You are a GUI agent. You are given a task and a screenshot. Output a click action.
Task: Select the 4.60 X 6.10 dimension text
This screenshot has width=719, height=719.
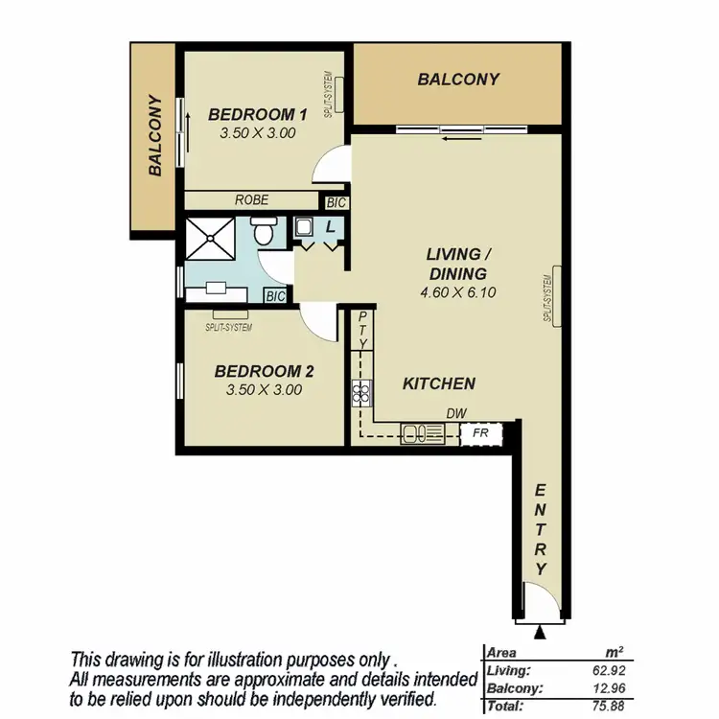point(458,293)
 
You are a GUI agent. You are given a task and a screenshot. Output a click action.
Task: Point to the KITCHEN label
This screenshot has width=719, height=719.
point(439,383)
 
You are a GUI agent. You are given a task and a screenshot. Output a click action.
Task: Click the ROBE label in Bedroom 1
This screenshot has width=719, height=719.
point(251,200)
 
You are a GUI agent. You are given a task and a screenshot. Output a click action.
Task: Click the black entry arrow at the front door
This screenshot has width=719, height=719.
point(542,633)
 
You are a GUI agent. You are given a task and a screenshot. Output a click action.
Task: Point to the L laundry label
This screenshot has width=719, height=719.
point(331,226)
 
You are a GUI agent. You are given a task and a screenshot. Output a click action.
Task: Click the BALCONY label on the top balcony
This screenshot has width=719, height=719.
point(458,80)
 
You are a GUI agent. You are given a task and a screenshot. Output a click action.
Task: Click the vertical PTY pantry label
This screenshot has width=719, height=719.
point(363,331)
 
